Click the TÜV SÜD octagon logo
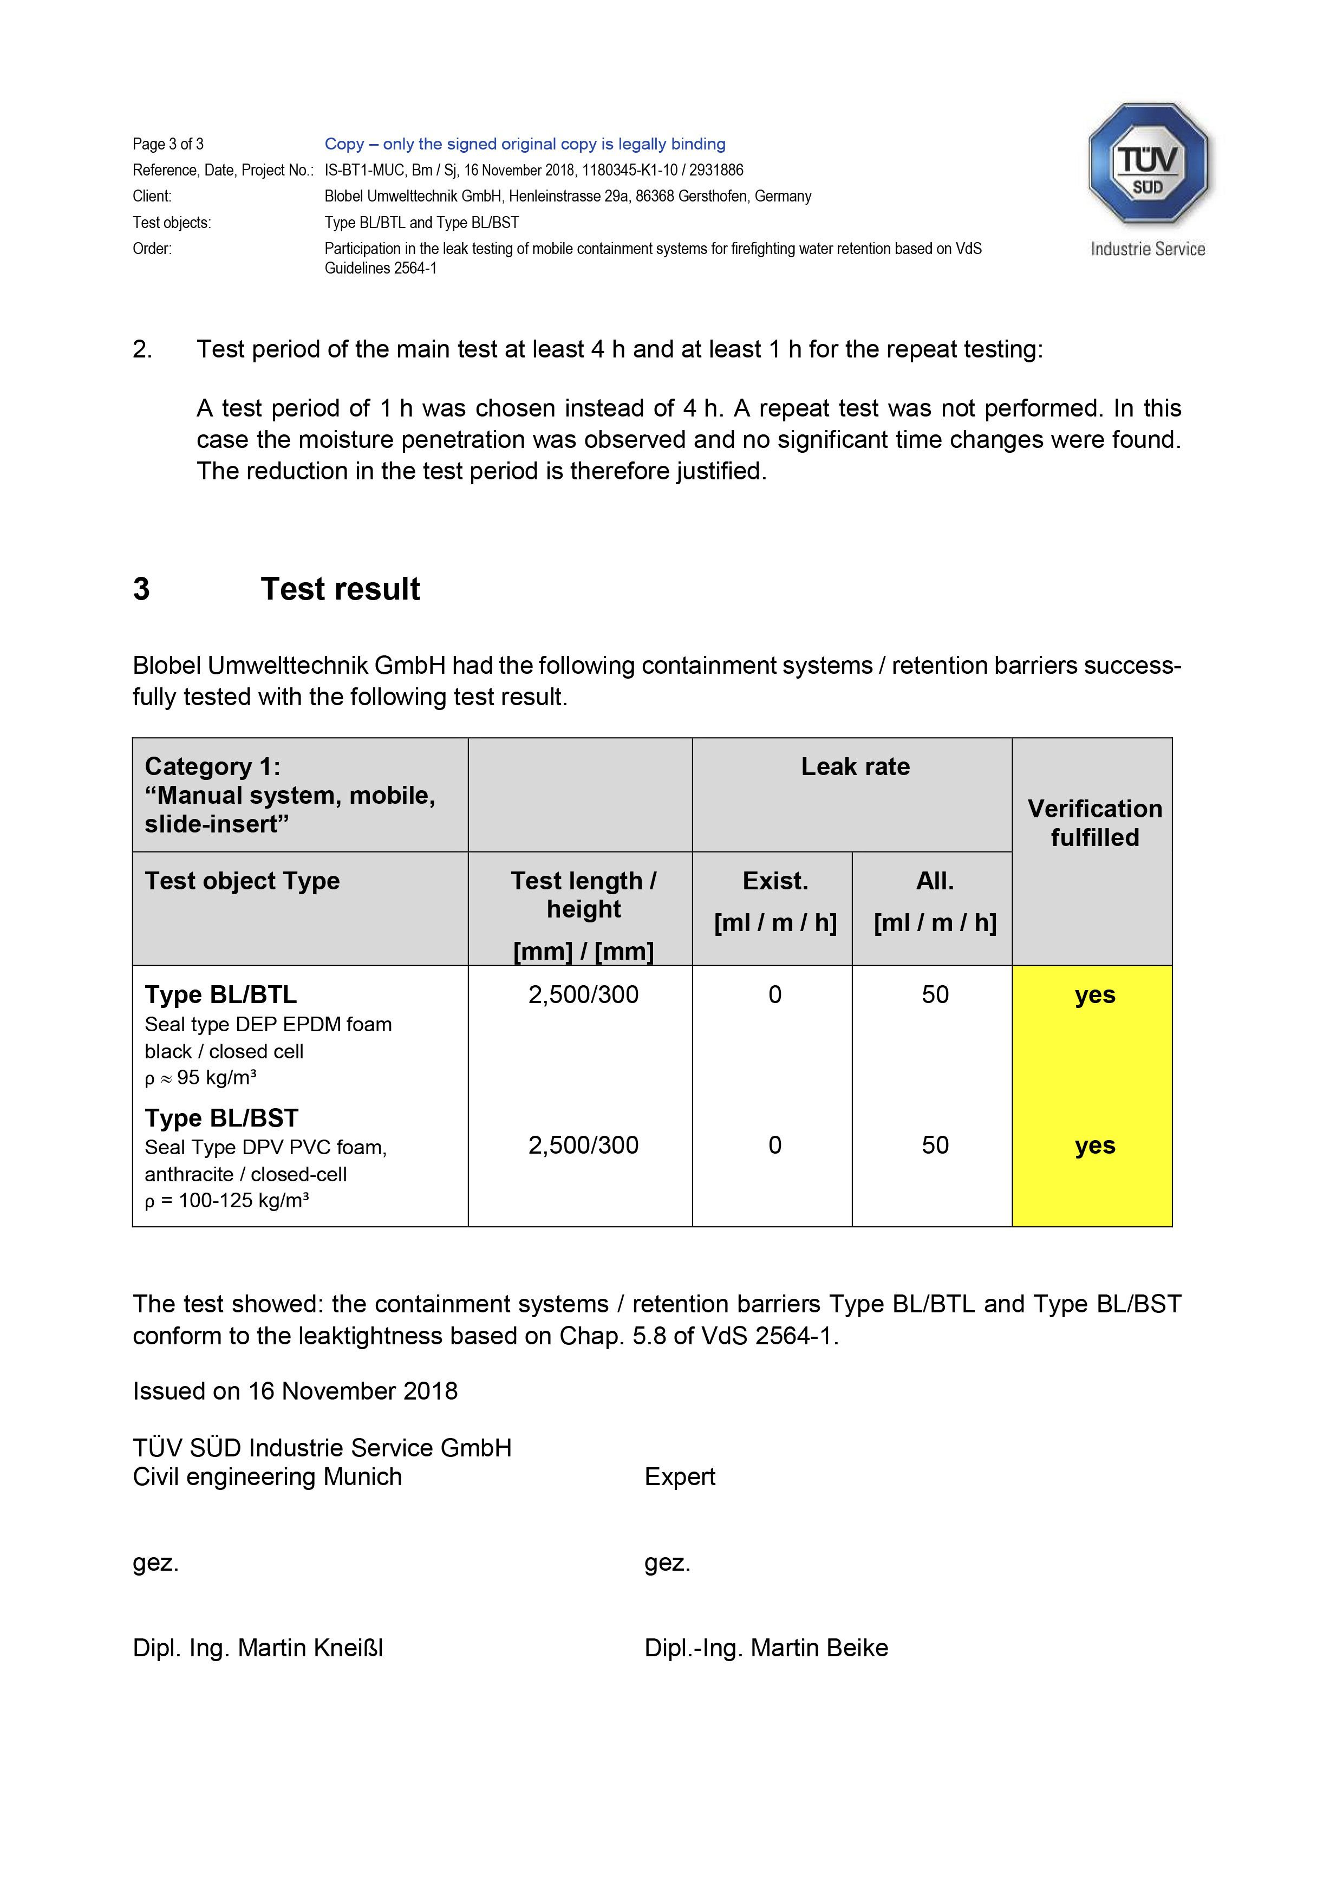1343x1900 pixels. [1148, 164]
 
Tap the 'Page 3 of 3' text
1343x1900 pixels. [168, 144]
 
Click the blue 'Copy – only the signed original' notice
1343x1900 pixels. [525, 144]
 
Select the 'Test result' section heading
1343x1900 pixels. [340, 589]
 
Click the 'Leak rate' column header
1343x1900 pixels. [855, 766]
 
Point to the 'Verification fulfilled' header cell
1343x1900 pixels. [1094, 823]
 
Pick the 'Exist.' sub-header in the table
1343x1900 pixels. [774, 881]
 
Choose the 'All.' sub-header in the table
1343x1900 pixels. [934, 881]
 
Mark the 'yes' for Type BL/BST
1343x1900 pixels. [1094, 1146]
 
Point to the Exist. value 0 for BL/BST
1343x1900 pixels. [774, 1146]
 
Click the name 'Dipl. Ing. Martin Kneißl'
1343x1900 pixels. [257, 1648]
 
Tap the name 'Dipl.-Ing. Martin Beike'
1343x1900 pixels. [765, 1648]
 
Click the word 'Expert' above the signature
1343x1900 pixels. [680, 1476]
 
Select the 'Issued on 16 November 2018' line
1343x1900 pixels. [295, 1390]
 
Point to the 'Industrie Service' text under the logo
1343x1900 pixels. [1148, 249]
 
